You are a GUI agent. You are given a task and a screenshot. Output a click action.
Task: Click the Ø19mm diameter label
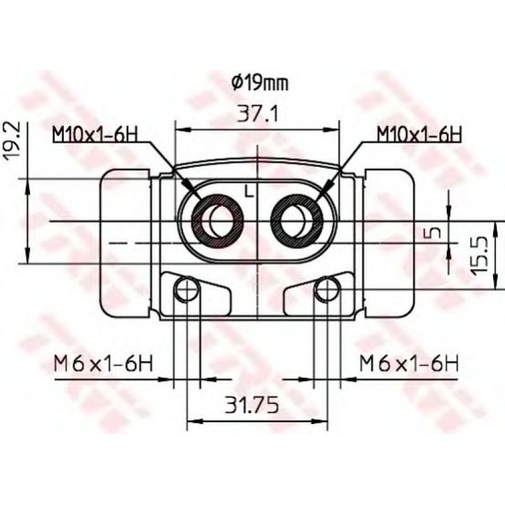pyautogui.click(x=260, y=83)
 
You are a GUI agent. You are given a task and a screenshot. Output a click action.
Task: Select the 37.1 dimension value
pyautogui.click(x=257, y=114)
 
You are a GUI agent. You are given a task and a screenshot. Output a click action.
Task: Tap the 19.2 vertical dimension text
pyautogui.click(x=12, y=139)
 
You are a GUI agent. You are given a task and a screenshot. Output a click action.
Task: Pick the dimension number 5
pyautogui.click(x=435, y=232)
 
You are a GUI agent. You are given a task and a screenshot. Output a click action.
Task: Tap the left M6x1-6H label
pyautogui.click(x=104, y=363)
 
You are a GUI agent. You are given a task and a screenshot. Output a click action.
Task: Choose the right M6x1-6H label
pyautogui.click(x=408, y=363)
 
